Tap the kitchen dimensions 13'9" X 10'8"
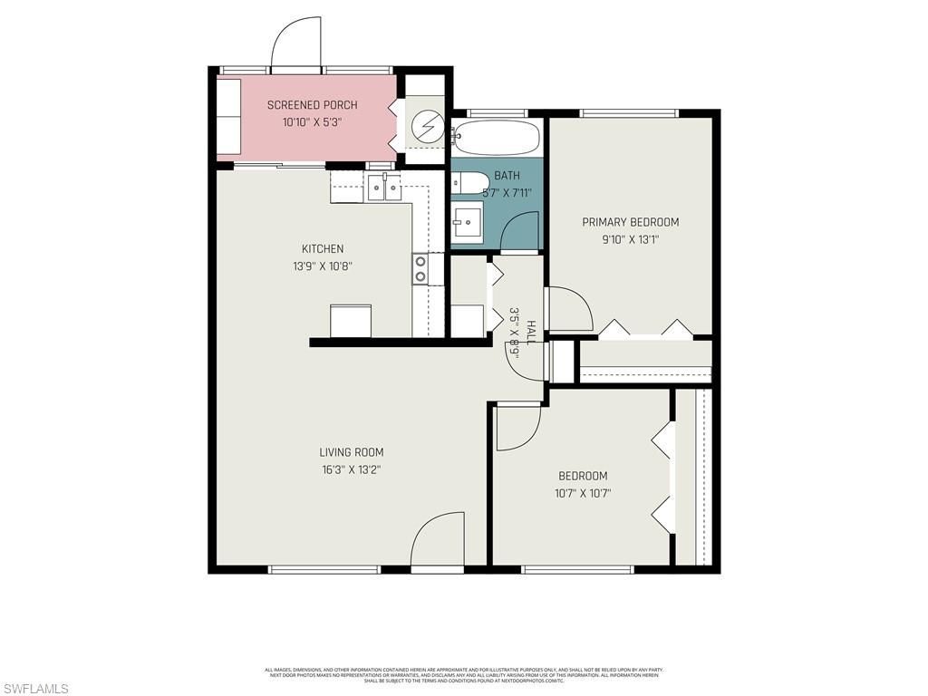pyautogui.click(x=322, y=266)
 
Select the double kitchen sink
pyautogui.click(x=385, y=189)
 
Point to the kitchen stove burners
pyautogui.click(x=421, y=269)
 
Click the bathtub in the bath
pyautogui.click(x=497, y=138)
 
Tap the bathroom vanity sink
pyautogui.click(x=469, y=223)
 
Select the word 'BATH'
pyautogui.click(x=507, y=176)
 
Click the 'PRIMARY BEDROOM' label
pyautogui.click(x=630, y=222)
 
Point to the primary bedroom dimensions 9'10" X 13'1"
pyautogui.click(x=630, y=240)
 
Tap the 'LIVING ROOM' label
pyautogui.click(x=351, y=452)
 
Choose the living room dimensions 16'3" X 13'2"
pyautogui.click(x=351, y=469)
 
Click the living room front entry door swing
pyautogui.click(x=438, y=542)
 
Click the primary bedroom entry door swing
pyautogui.click(x=568, y=309)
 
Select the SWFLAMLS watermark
pyautogui.click(x=35, y=690)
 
